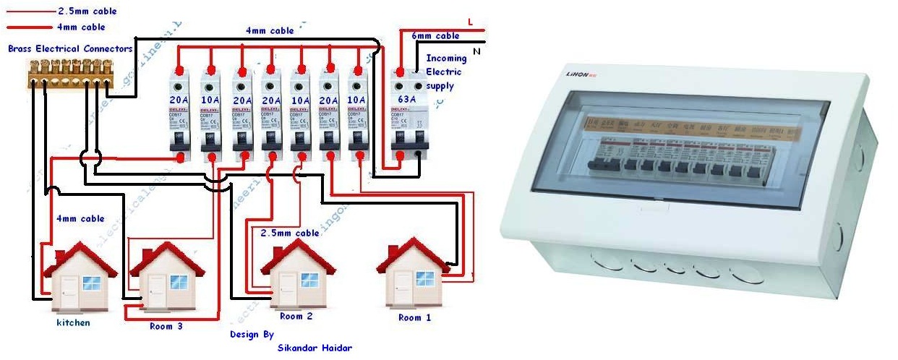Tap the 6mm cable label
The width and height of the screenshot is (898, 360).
(x=435, y=36)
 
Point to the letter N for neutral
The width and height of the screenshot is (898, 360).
(x=476, y=52)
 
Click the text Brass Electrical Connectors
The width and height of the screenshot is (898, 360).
(x=70, y=49)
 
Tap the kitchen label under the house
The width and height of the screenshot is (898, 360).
(x=73, y=322)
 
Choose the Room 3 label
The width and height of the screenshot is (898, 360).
(x=166, y=326)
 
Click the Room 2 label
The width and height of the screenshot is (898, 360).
(x=296, y=316)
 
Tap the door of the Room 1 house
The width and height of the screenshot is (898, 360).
(x=397, y=287)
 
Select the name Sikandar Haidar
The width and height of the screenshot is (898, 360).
(x=315, y=348)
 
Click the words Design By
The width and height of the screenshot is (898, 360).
(x=252, y=335)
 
